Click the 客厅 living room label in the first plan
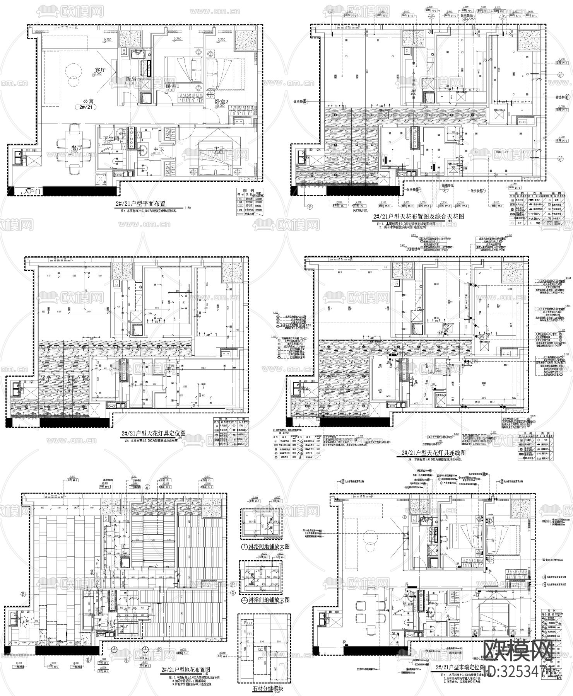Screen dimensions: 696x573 [x=100, y=70]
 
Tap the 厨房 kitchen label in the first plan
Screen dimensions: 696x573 [x=132, y=79]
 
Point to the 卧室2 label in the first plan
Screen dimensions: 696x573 [x=222, y=102]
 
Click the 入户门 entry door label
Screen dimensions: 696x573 [x=32, y=191]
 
